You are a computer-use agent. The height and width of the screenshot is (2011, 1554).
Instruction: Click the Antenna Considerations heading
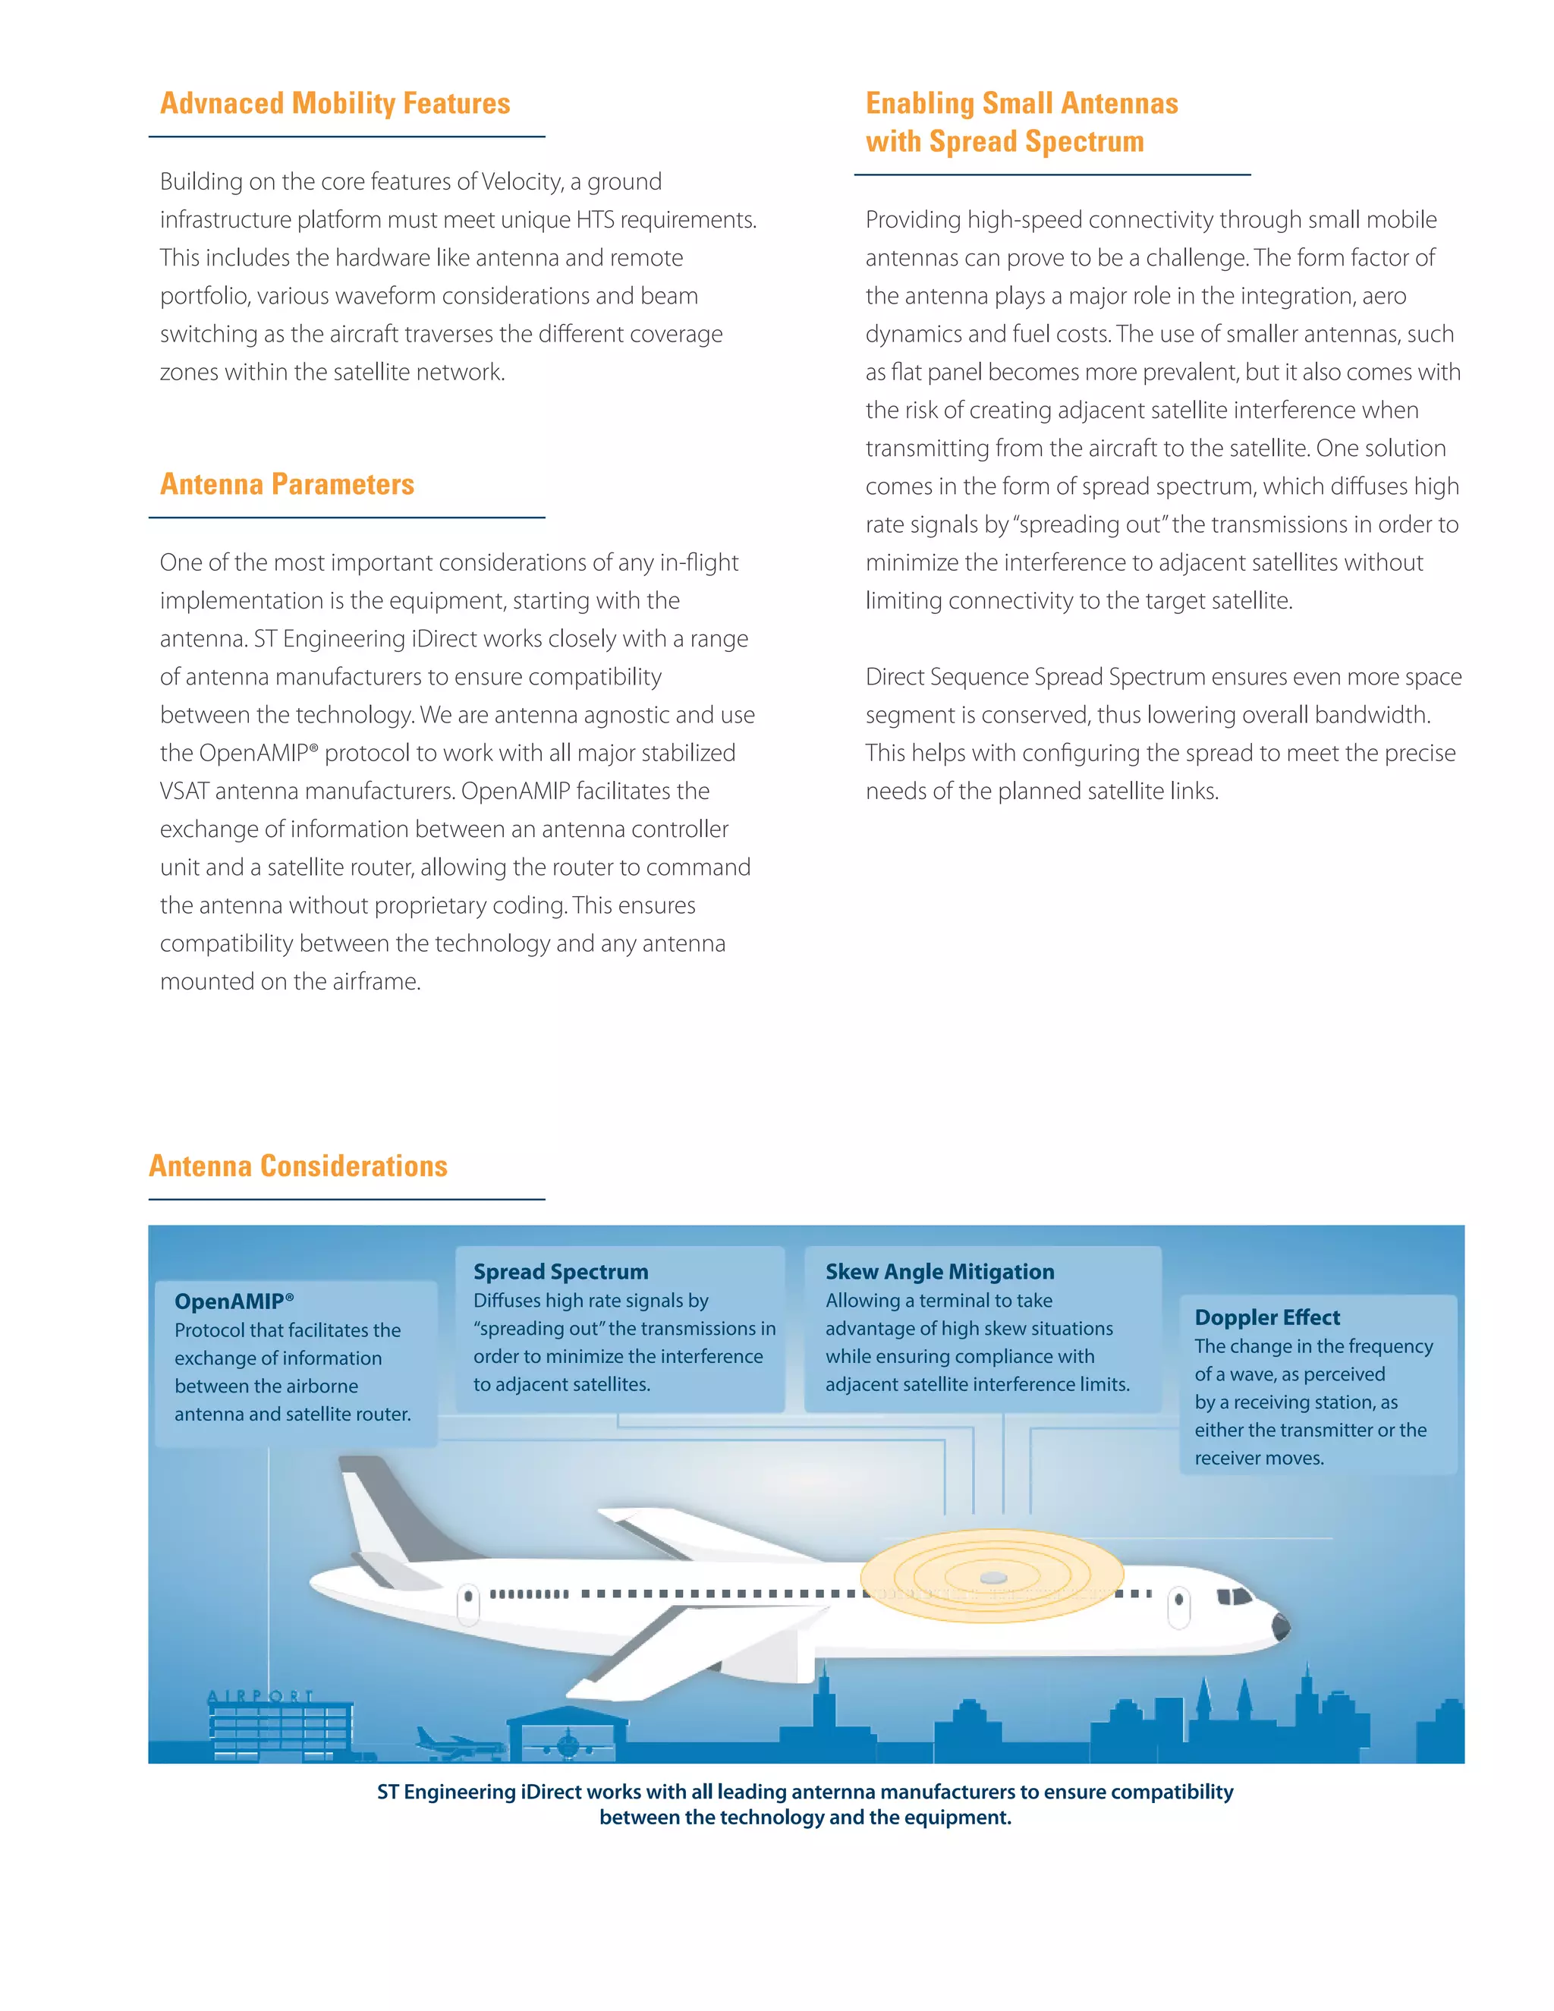point(298,1166)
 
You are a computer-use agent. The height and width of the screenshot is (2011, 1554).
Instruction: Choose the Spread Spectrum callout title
point(561,1272)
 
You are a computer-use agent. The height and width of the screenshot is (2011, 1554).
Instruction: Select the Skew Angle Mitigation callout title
point(939,1272)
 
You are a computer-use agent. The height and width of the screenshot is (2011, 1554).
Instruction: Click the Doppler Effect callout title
point(1266,1317)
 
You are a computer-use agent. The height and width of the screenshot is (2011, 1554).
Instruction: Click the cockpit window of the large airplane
point(1234,1597)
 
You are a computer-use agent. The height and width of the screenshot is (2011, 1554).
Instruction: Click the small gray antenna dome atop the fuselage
point(993,1578)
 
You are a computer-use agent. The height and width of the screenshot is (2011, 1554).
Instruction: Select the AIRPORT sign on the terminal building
point(260,1696)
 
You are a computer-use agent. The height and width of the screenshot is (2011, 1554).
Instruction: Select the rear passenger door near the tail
point(469,1604)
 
